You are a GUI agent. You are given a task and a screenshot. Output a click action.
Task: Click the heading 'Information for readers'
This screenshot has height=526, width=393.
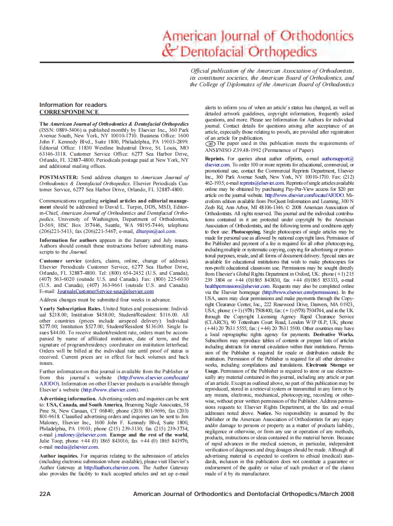tap(73, 105)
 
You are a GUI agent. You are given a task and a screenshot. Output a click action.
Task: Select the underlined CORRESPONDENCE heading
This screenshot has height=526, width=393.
tap(69, 112)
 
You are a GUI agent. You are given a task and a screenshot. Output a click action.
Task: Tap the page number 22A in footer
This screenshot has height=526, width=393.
tap(45, 494)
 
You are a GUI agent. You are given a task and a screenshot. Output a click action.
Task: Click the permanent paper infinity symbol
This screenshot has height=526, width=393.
tap(210, 144)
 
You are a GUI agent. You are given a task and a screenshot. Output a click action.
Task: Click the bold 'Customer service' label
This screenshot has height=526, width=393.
tap(61, 260)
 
